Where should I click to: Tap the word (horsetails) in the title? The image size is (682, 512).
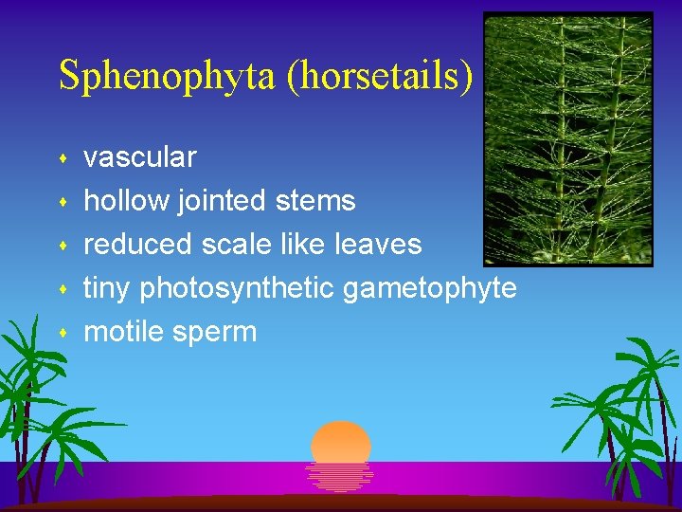coord(385,76)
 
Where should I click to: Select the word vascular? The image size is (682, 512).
coord(140,157)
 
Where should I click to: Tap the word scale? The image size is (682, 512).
coord(240,245)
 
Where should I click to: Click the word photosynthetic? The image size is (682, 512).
coord(237,288)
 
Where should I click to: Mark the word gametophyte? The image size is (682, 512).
coord(430,288)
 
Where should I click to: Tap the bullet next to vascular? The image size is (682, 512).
coord(63,158)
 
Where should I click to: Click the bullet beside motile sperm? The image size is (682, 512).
coord(63,333)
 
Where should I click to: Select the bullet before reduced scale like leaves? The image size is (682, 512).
coord(63,246)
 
